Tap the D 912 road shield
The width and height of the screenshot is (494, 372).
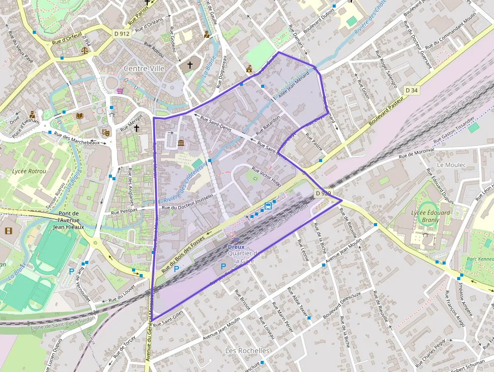click(x=121, y=34)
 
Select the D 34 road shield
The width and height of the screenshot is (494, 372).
click(x=411, y=90)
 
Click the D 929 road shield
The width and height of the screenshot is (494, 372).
click(x=323, y=193)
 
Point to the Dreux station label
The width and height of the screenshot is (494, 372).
click(x=236, y=247)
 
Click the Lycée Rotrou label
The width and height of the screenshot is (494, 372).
click(x=29, y=171)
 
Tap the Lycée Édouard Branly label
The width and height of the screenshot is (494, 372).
click(x=430, y=216)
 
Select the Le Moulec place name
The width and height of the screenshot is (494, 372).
click(x=452, y=165)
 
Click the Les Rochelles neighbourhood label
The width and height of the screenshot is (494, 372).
click(x=248, y=350)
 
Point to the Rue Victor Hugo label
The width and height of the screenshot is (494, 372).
click(x=266, y=176)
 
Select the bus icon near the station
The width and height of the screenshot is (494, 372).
click(x=269, y=205)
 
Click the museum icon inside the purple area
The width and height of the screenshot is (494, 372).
click(x=181, y=144)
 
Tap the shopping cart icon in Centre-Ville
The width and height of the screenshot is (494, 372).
click(x=120, y=91)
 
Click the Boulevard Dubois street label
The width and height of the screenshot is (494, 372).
click(x=320, y=19)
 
